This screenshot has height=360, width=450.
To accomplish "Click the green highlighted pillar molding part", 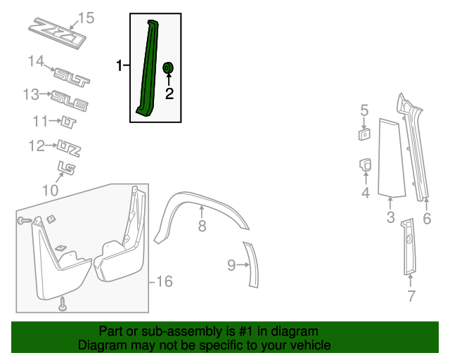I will pos(147,70).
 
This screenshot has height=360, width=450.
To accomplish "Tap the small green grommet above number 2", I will pos(169,67).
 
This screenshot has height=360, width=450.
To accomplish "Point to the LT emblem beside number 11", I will pos(67,123).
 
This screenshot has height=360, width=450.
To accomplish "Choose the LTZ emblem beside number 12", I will pos(69,149).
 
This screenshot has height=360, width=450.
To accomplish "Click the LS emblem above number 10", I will pos(66,168).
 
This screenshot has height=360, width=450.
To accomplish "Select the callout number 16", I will pos(163,282).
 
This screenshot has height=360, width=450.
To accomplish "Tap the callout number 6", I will pos(427,219).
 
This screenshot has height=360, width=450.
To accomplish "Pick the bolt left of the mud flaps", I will pos(22,221).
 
